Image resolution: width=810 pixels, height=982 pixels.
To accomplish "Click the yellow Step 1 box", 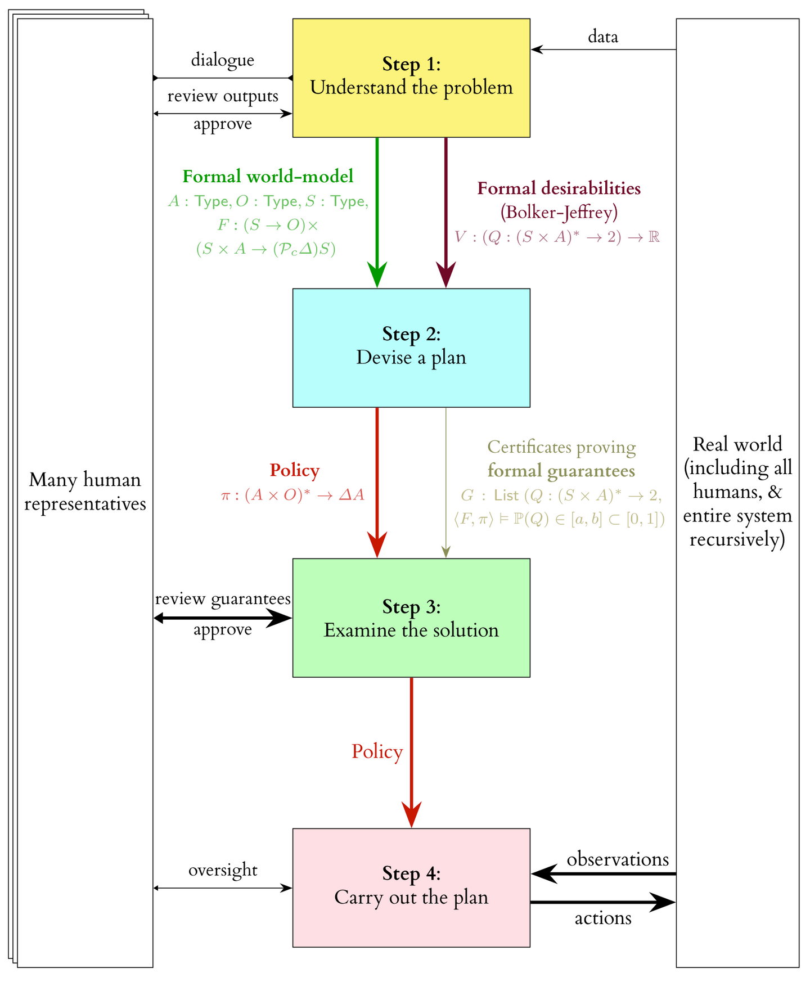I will (411, 78).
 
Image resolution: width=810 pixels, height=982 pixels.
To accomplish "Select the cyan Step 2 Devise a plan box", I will (411, 348).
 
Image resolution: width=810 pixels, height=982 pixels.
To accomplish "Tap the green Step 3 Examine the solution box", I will (411, 618).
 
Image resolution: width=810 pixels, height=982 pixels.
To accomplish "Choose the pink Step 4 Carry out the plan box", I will (411, 888).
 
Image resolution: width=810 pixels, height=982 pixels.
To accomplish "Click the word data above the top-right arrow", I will (603, 37).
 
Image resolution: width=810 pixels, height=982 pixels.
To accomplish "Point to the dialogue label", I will (223, 60).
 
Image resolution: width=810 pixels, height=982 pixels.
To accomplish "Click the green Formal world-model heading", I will (268, 177).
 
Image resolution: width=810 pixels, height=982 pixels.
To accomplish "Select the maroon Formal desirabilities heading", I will (559, 188).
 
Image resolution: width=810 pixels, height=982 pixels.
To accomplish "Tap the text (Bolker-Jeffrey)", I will (559, 212).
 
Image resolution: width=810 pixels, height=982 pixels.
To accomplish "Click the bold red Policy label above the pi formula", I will (294, 470).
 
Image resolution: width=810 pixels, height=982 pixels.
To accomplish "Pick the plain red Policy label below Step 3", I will (377, 751).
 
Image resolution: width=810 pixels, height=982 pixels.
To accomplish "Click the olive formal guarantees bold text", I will (561, 471).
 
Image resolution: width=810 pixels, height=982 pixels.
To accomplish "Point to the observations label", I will (617, 859).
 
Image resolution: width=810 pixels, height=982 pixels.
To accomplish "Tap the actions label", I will (603, 918).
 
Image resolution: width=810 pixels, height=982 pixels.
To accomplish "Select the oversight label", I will (223, 870).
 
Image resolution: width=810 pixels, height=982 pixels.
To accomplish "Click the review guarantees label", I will (223, 599).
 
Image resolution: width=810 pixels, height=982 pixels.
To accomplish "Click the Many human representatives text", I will (85, 492).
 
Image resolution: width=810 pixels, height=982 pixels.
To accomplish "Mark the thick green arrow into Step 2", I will (377, 214).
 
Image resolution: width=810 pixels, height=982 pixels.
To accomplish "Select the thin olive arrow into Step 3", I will (445, 484).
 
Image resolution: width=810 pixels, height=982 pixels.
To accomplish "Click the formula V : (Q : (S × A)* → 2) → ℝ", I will (557, 237).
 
